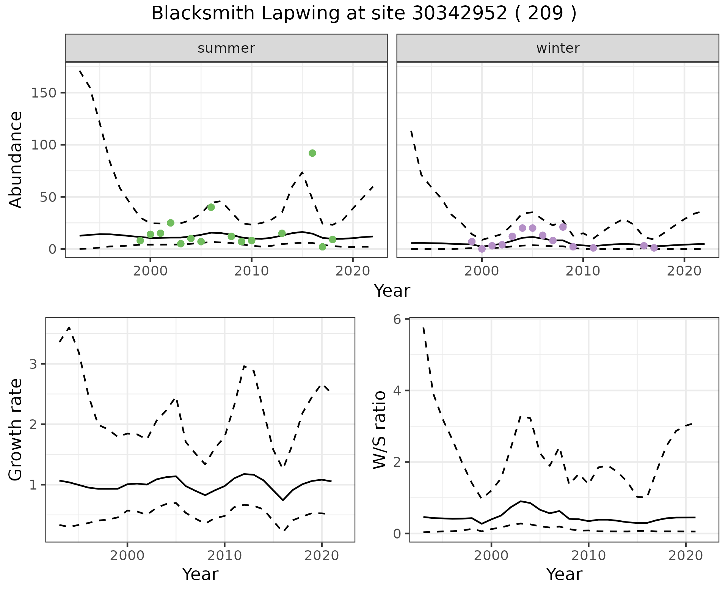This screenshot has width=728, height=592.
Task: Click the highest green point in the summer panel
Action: tap(312, 153)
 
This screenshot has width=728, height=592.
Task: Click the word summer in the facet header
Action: tap(226, 48)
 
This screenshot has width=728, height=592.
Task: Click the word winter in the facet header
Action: tap(558, 48)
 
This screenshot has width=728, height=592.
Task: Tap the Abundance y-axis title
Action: tap(16, 159)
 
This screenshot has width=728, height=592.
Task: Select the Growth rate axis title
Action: tap(16, 430)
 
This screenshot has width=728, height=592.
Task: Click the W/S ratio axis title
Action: tap(379, 430)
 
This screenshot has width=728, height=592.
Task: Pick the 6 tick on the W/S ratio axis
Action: tap(397, 320)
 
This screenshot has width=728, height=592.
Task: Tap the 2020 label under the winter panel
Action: tap(684, 271)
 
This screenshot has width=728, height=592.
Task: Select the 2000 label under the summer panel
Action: tap(151, 271)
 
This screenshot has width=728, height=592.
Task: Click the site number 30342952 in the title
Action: tap(460, 14)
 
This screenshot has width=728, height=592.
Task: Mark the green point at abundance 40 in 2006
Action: tap(211, 207)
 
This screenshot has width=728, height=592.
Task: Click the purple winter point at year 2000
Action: tap(482, 249)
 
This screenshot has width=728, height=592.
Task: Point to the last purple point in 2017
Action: tap(654, 248)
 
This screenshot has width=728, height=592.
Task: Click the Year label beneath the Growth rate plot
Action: tap(200, 574)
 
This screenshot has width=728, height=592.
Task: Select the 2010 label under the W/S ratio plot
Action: tap(588, 556)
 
